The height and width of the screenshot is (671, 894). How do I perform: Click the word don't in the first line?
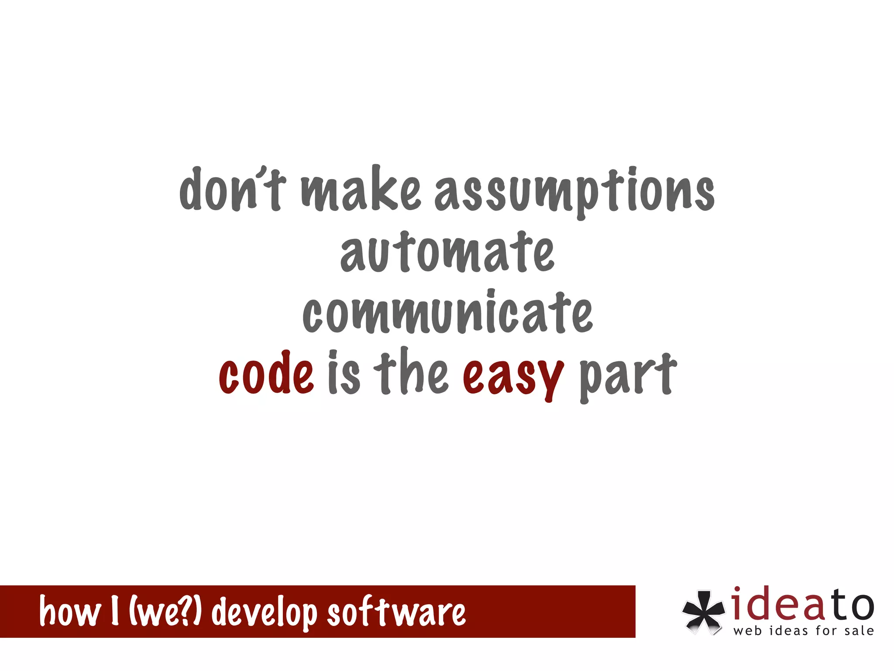click(x=233, y=189)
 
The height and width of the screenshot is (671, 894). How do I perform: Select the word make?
click(x=361, y=189)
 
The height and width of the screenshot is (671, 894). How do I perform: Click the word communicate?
click(x=447, y=312)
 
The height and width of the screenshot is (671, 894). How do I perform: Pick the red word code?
click(x=266, y=374)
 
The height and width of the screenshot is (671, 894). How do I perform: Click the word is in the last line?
click(x=344, y=373)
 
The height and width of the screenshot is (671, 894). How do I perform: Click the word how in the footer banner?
click(x=69, y=611)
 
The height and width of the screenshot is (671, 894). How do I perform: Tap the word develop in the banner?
click(x=265, y=612)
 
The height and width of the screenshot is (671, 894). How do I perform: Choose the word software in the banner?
click(x=396, y=611)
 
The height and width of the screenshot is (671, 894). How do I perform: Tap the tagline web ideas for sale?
click(x=804, y=631)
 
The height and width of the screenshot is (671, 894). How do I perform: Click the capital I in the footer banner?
click(x=115, y=611)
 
